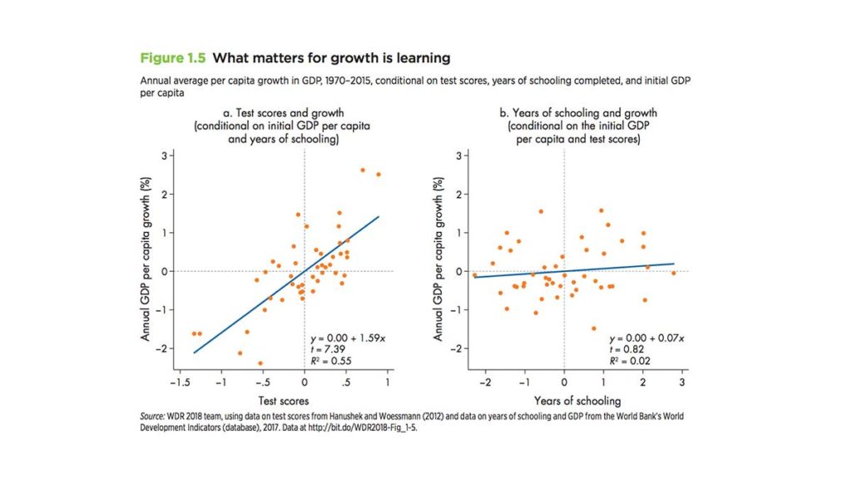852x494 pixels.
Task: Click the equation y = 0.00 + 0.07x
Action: pos(646,338)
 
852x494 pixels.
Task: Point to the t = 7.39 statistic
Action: pos(324,349)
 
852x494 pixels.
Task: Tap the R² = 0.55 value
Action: pos(328,361)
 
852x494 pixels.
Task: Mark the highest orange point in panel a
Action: pos(363,170)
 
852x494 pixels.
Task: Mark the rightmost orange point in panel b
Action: pos(673,273)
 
